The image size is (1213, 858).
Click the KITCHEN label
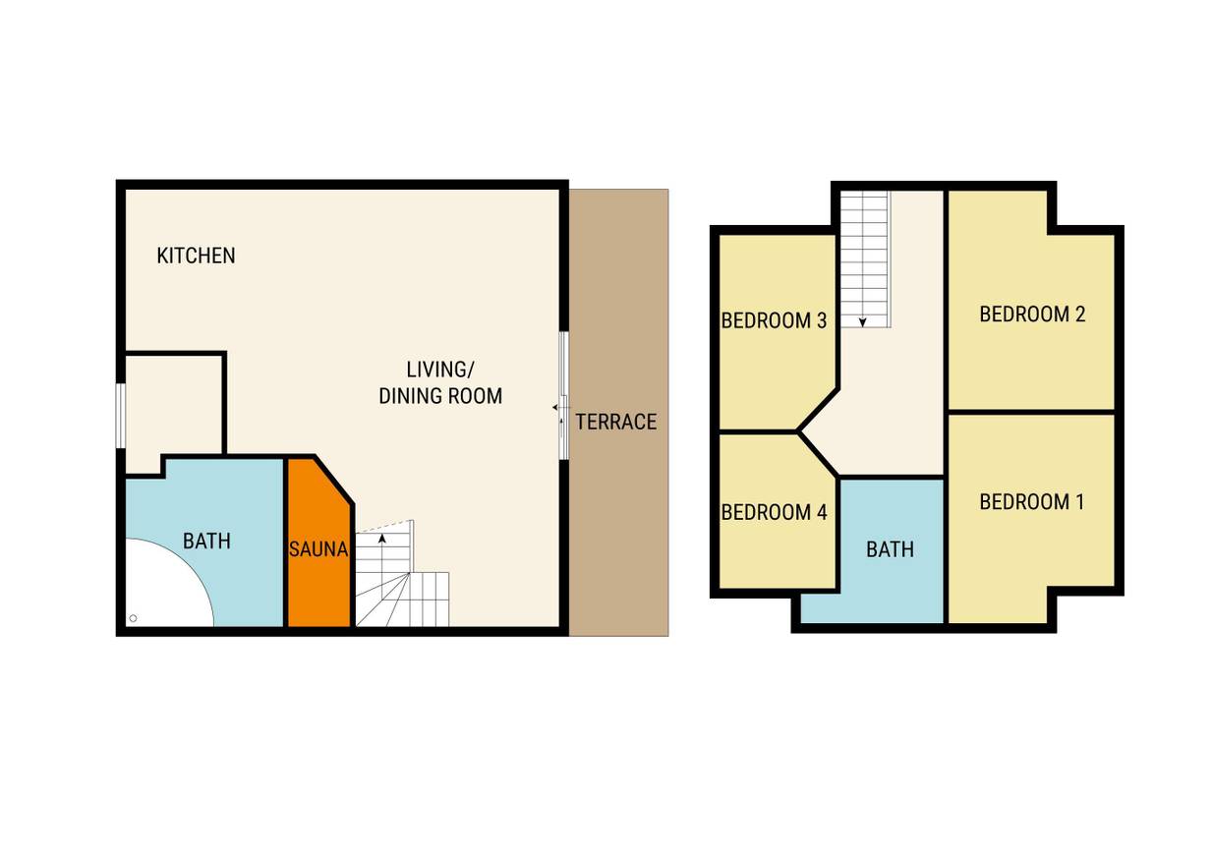(196, 256)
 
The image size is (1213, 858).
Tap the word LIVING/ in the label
(440, 370)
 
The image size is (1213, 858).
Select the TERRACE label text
(616, 422)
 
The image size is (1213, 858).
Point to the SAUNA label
(318, 549)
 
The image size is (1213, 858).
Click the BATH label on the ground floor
(206, 541)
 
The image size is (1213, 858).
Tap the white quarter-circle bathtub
(162, 588)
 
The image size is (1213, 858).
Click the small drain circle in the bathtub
(134, 617)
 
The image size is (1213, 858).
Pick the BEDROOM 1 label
(1032, 502)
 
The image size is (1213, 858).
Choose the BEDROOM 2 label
(1033, 314)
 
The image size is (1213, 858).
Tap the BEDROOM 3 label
(774, 320)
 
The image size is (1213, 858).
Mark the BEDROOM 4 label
(774, 512)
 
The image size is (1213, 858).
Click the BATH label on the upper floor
(891, 549)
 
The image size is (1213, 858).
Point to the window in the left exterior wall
(121, 416)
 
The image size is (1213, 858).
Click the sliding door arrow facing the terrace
(556, 407)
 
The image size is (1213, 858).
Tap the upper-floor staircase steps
(865, 259)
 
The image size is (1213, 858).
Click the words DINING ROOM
(440, 396)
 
